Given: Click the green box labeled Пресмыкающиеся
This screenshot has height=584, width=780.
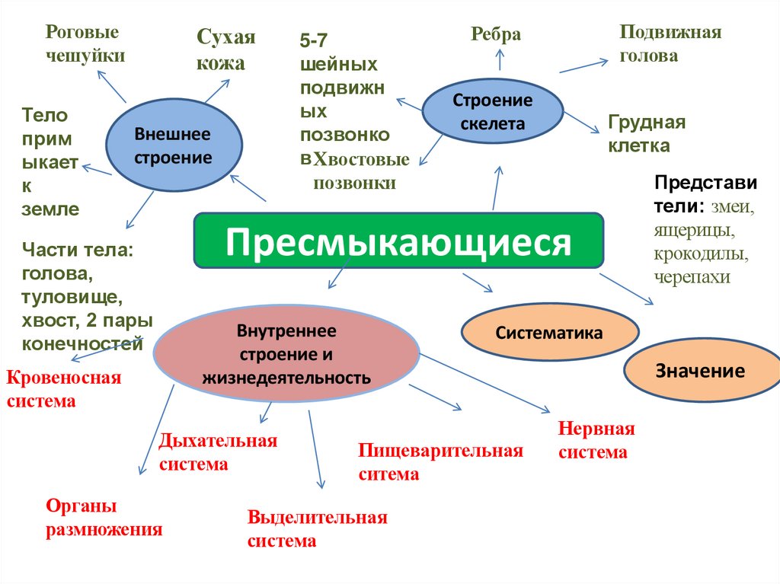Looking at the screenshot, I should pos(398,241).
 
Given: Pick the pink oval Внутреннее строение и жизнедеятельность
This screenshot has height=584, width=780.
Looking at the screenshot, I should pos(286,354).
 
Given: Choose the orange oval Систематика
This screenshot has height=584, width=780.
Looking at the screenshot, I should pos(549,333).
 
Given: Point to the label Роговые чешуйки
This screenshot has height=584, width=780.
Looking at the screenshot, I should pos(85,44).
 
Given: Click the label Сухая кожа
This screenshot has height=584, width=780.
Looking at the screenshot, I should pos(225,50).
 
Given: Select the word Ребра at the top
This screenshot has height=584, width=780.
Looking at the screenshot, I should pos(496,34).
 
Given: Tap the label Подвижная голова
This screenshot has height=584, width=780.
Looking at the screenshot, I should pos(670,44).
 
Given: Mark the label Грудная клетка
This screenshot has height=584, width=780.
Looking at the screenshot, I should pos(647,134).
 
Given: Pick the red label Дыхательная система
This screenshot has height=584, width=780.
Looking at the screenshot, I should pos(217,452).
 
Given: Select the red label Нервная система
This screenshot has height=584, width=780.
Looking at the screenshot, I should pos(596,440).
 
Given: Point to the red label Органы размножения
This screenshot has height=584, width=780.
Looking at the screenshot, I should pos(104,518).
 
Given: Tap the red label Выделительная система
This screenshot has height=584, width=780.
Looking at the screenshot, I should pos(317,529).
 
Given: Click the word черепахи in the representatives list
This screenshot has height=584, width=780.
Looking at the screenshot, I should pos(692,277).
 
